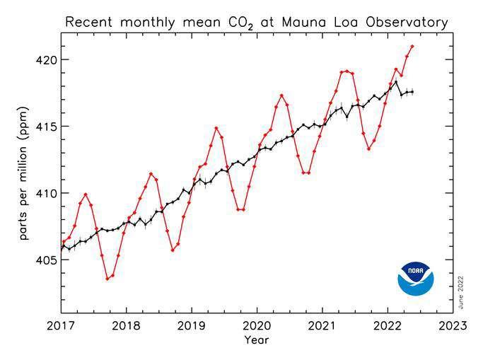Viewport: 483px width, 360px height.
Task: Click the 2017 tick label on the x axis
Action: pyautogui.click(x=61, y=326)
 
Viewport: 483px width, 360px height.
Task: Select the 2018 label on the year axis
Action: pyautogui.click(x=126, y=326)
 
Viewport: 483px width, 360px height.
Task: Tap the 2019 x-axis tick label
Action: pyautogui.click(x=191, y=326)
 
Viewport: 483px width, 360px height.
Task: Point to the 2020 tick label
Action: pyautogui.click(x=257, y=326)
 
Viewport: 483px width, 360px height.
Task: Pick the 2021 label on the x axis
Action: pyautogui.click(x=322, y=326)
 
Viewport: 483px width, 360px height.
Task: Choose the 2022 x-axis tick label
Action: pyautogui.click(x=388, y=326)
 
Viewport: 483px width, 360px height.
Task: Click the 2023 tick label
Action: pyautogui.click(x=453, y=326)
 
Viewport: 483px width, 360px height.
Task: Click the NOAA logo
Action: pyautogui.click(x=416, y=279)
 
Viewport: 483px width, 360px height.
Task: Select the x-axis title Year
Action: pyautogui.click(x=256, y=340)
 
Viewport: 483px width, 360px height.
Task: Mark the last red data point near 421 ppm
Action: pyautogui.click(x=412, y=47)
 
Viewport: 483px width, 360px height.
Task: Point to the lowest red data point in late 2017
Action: pyautogui.click(x=107, y=279)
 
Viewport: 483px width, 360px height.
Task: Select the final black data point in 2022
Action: pyautogui.click(x=412, y=92)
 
